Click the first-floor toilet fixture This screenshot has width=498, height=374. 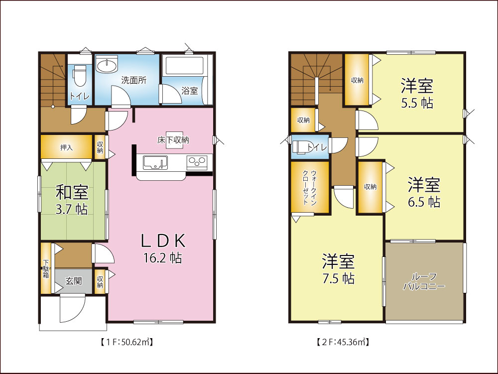pos(79,76)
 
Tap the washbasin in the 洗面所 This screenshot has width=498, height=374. pos(107,66)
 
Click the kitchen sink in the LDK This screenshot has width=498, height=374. pos(155,162)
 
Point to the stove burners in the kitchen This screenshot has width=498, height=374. pos(197,161)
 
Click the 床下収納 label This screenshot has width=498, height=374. pos(173,140)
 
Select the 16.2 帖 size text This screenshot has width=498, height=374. pos(163,258)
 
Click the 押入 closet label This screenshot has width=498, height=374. pos(66,147)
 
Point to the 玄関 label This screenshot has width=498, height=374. pos(74,281)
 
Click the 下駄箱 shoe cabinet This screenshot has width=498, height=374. pos(46,268)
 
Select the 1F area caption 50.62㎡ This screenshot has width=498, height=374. pos(126,342)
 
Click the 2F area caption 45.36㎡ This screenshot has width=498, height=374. pos(343,342)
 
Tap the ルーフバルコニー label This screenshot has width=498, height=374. pos(424,281)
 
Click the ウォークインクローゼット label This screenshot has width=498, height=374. pos(310,187)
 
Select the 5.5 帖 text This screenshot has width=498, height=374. pos(417,104)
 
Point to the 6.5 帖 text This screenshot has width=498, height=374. pos(424,202)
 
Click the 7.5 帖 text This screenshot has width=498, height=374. pos(338,278)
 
